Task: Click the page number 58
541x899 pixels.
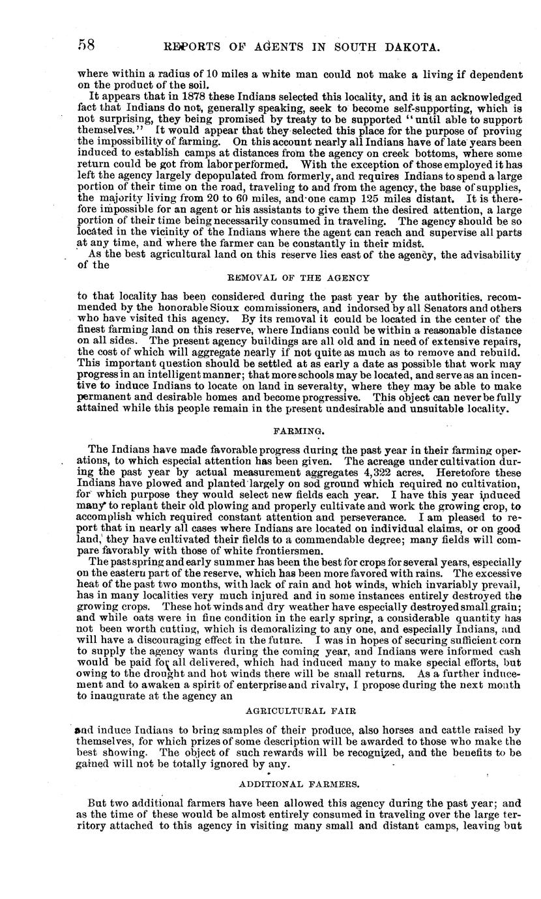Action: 87,45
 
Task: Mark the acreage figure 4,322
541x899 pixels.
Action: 377,471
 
